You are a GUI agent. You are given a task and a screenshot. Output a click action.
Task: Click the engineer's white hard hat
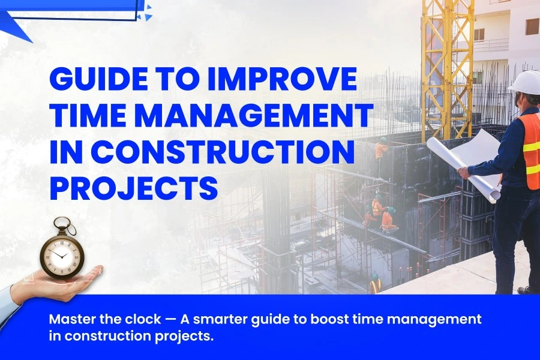click(526, 82)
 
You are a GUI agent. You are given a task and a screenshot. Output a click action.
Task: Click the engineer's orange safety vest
click(529, 150)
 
